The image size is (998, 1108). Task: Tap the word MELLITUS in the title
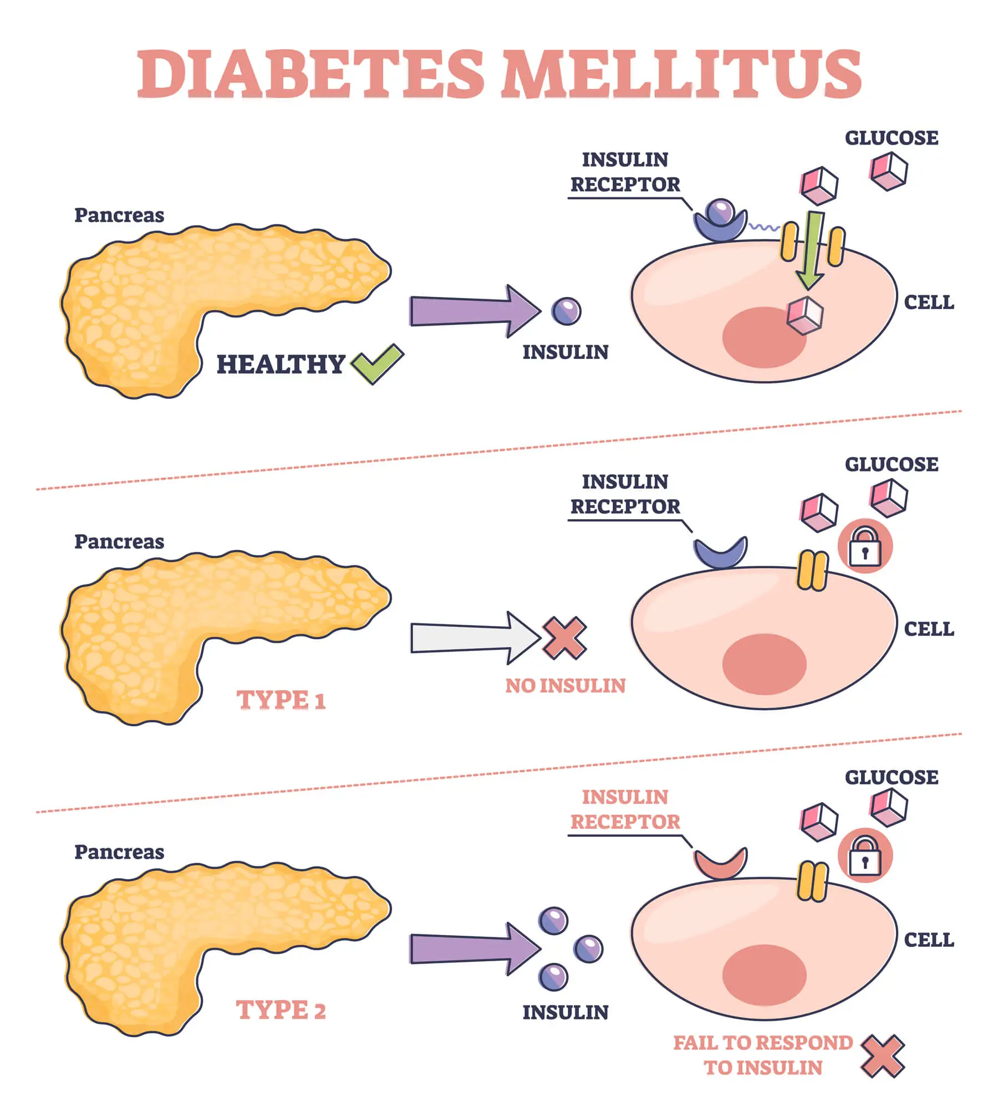click(681, 74)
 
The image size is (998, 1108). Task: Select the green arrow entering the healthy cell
click(810, 249)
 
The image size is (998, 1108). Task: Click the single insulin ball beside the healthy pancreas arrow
click(566, 311)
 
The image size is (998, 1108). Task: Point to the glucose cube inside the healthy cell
click(805, 316)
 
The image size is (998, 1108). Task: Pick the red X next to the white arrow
click(564, 638)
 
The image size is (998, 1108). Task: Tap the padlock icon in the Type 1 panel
click(865, 546)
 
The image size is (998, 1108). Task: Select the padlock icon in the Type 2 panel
click(865, 856)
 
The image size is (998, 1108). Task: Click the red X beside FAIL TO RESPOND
click(882, 1056)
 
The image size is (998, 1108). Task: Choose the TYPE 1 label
click(281, 700)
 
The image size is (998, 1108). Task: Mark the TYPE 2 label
click(281, 1010)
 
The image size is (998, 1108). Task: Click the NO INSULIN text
click(565, 686)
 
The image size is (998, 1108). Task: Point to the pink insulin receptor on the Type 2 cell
click(720, 864)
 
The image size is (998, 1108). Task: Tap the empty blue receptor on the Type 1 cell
click(720, 554)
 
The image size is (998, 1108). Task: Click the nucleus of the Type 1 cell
click(764, 664)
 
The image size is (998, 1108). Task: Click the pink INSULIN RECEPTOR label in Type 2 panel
click(625, 809)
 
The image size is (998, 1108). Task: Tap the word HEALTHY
click(281, 364)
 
